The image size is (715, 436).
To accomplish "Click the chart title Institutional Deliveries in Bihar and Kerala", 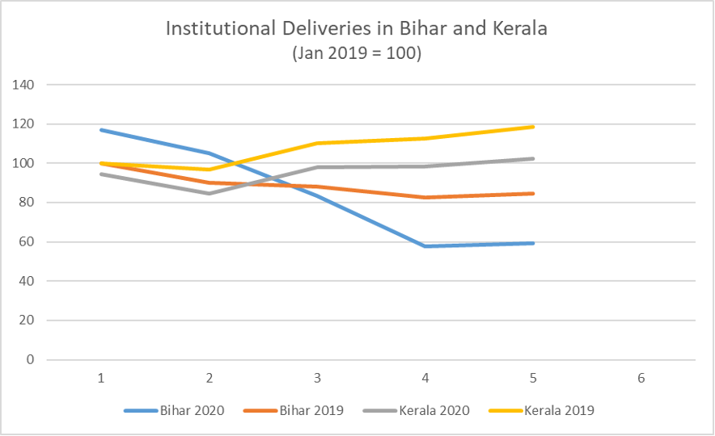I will (357, 29).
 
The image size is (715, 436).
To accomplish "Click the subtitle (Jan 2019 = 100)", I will (357, 54).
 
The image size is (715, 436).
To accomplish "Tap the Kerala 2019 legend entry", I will (559, 410).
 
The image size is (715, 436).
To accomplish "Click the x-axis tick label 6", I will (641, 378).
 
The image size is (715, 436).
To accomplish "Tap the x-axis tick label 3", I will (316, 378).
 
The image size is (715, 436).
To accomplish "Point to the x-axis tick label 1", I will (100, 378).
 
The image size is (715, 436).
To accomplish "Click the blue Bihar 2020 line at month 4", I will (425, 246).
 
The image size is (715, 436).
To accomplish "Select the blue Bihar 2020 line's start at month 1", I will (100, 130).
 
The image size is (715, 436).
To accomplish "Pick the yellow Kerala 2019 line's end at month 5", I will (533, 127).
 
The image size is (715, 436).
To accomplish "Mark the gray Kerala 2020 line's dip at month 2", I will (209, 193).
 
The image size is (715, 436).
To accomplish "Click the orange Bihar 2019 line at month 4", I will (425, 197).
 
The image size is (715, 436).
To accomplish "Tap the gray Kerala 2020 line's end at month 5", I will (533, 158).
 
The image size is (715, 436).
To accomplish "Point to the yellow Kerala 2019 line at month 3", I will (316, 143).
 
